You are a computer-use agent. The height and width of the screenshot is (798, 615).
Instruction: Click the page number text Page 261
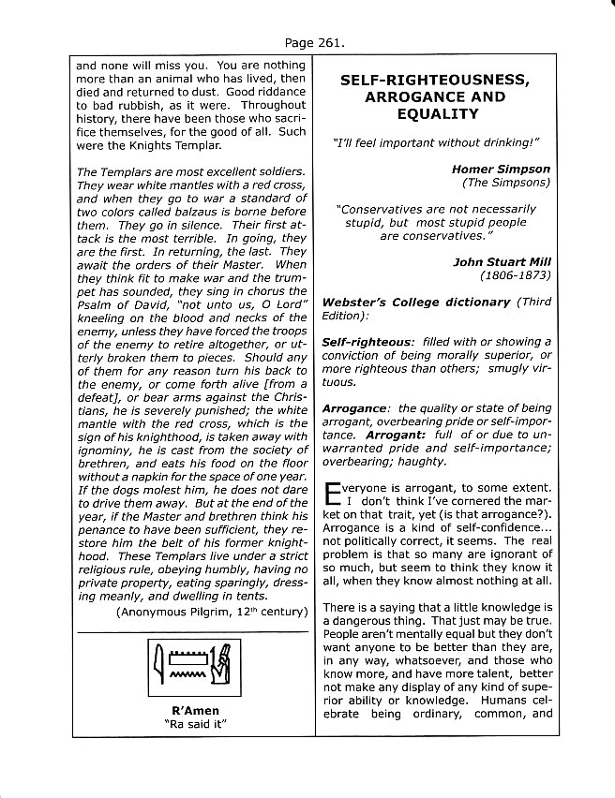[x=307, y=42]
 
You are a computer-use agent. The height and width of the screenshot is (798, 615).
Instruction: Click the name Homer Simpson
[x=501, y=170]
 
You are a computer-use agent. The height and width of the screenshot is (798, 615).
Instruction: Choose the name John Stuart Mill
[x=502, y=263]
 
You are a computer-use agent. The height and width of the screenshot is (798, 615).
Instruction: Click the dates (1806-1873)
[x=515, y=276]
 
